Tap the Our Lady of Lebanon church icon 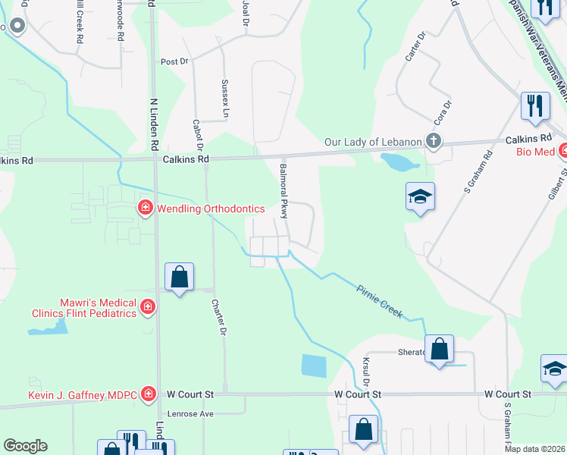point(433,141)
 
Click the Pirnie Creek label point(380,299)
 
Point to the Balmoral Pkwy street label point(284,191)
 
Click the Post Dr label point(174,61)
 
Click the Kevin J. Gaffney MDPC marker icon point(149,394)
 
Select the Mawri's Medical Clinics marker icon point(147,306)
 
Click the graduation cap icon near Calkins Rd point(420,197)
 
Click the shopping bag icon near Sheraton point(439,349)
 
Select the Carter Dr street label point(416,46)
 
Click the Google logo point(25,446)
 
